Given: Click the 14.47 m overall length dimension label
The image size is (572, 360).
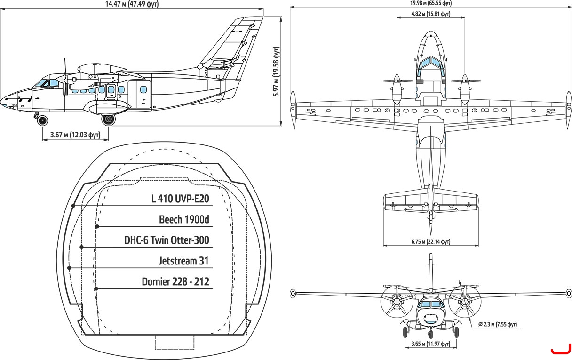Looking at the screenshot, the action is (132, 4).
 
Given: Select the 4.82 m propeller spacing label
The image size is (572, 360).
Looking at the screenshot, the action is (430, 14).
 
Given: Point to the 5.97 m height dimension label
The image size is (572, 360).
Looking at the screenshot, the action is (277, 72).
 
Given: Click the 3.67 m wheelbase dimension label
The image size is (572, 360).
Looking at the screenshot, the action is (75, 135).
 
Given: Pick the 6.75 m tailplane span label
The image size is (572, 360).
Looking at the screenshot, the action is (431, 241).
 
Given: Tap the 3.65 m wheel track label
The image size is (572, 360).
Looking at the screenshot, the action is (431, 344).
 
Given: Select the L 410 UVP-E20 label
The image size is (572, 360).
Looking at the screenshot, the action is (180, 199).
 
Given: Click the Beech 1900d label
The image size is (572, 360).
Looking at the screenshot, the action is (184, 219).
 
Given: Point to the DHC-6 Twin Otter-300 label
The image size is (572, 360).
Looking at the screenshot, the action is (167, 240).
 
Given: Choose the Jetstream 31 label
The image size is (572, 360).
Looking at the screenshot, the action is (183, 261).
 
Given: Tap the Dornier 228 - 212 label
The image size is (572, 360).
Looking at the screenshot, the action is (175, 281).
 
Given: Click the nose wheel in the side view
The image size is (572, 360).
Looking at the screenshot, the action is (42, 120).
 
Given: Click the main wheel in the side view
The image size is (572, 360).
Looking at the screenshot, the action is (108, 120).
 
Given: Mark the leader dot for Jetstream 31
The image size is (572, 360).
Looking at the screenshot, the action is (69, 268).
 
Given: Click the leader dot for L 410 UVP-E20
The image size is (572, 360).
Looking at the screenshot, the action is (73, 206).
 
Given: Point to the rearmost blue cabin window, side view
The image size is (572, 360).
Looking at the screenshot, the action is (143, 89).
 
